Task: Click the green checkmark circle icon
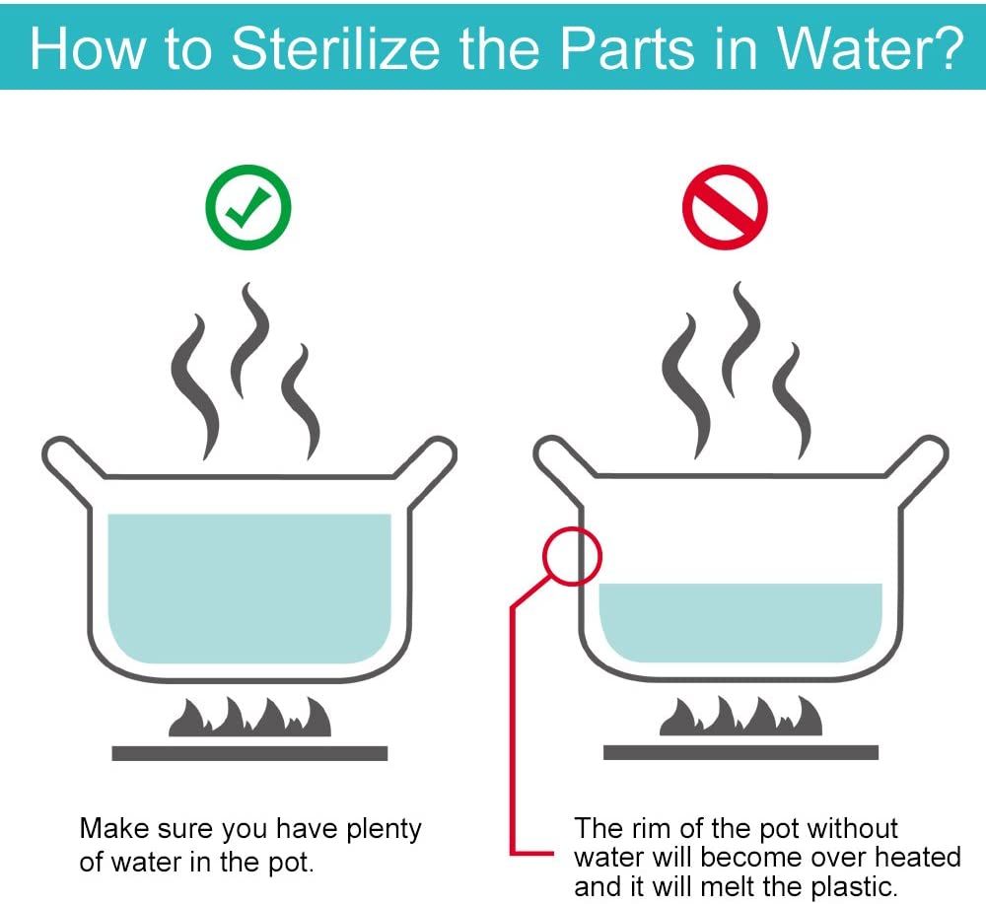pos(248,207)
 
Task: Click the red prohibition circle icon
pos(725,207)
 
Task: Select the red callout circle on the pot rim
pos(572,528)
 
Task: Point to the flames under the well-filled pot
pos(249,716)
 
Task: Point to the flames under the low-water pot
pos(740,716)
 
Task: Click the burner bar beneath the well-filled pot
pos(249,753)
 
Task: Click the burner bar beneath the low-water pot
pos(740,752)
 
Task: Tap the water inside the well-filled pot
pos(249,589)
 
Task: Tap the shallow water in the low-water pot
pos(740,622)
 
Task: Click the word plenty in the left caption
pos(384,830)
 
